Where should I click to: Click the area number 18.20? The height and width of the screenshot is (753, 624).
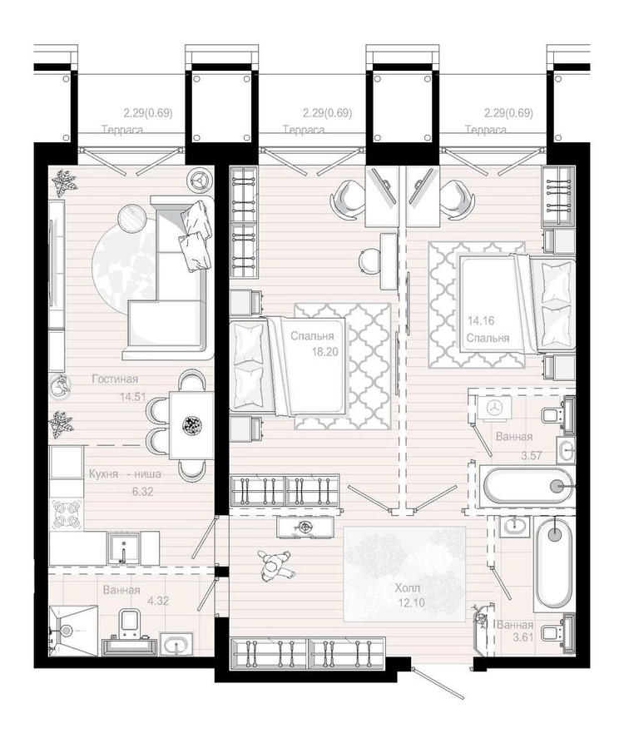click(x=324, y=351)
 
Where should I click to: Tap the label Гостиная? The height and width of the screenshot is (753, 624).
click(x=115, y=379)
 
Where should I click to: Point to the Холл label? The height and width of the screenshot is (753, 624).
click(x=408, y=587)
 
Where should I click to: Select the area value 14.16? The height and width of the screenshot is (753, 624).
click(x=481, y=320)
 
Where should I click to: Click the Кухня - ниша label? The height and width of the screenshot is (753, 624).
click(x=125, y=474)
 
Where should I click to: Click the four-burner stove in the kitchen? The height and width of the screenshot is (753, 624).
click(x=66, y=514)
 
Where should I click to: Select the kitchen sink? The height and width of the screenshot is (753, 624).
click(x=124, y=548)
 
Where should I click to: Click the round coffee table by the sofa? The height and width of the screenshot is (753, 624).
click(x=132, y=217)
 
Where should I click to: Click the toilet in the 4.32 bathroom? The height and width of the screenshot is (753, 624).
click(x=130, y=622)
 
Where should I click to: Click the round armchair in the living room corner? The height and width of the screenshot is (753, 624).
click(x=201, y=179)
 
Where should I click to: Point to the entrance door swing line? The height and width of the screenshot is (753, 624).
click(x=437, y=682)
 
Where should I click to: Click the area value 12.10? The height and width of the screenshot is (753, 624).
click(x=412, y=602)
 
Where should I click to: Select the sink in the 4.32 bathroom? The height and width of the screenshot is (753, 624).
click(x=176, y=643)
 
